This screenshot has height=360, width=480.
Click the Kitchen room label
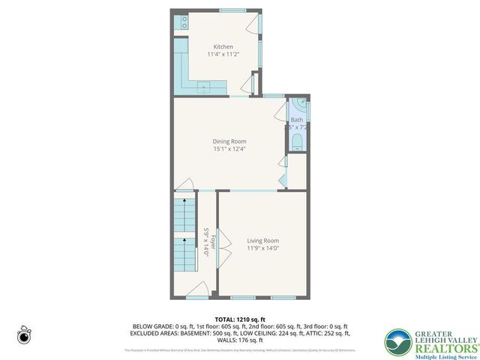223,46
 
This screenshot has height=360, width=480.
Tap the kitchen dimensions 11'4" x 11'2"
223,54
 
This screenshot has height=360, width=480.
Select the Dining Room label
229,141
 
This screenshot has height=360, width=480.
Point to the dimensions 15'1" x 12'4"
229,148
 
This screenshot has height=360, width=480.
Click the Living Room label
262,241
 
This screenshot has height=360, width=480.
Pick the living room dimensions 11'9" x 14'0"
262,248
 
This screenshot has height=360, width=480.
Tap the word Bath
297,120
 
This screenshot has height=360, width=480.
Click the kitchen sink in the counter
203,88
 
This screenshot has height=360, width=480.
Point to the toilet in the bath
298,142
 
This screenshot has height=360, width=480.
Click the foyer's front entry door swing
196,290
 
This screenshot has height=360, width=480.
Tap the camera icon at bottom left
25,337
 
